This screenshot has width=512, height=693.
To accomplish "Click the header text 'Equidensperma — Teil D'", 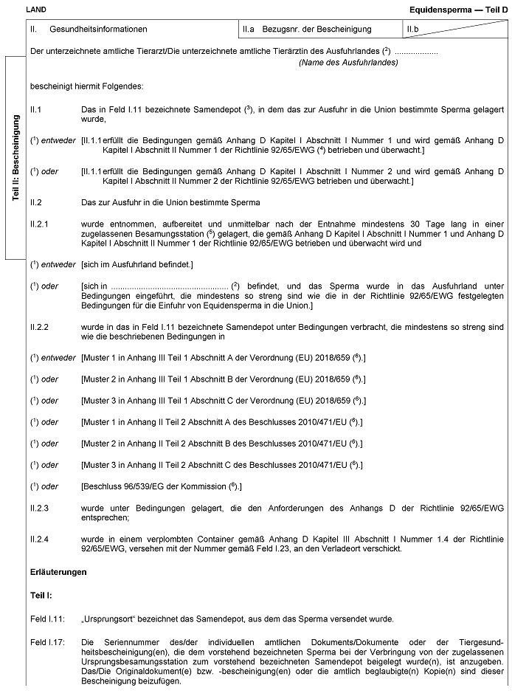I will [x=459, y=9].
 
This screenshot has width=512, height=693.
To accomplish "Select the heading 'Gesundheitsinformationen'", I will [x=99, y=30].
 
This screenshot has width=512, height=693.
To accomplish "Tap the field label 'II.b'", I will [x=414, y=30].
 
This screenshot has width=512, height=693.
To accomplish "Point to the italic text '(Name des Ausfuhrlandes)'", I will [x=348, y=63].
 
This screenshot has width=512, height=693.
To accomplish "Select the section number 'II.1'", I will [x=35, y=109].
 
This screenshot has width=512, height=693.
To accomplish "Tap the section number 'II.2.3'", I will [x=39, y=508].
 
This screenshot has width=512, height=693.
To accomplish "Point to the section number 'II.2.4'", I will [x=39, y=539].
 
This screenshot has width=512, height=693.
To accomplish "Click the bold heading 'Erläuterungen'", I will [x=58, y=572].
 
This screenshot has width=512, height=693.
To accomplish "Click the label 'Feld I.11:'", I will [x=47, y=618].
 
